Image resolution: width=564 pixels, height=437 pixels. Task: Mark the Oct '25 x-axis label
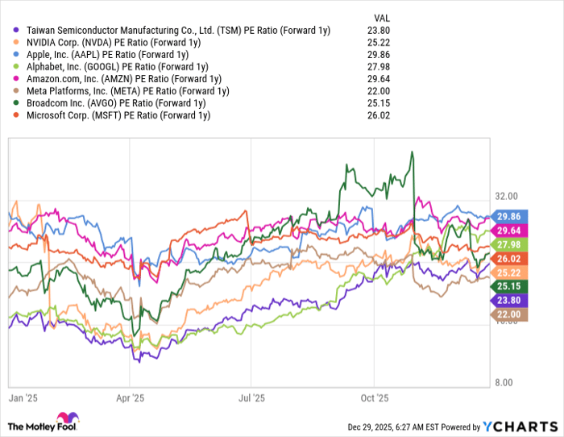pyautogui.click(x=375, y=398)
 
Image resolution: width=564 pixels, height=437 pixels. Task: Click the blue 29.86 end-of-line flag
pyautogui.click(x=511, y=216)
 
